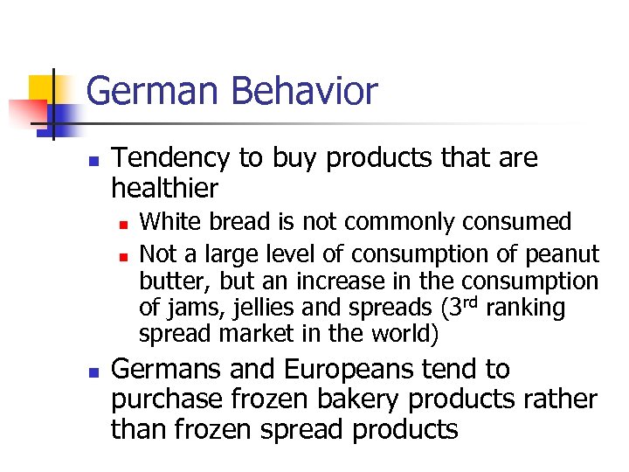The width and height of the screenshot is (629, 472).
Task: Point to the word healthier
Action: (164, 188)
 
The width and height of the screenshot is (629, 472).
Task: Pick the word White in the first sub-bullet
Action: (167, 222)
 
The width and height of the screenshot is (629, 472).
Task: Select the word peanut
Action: (563, 254)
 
